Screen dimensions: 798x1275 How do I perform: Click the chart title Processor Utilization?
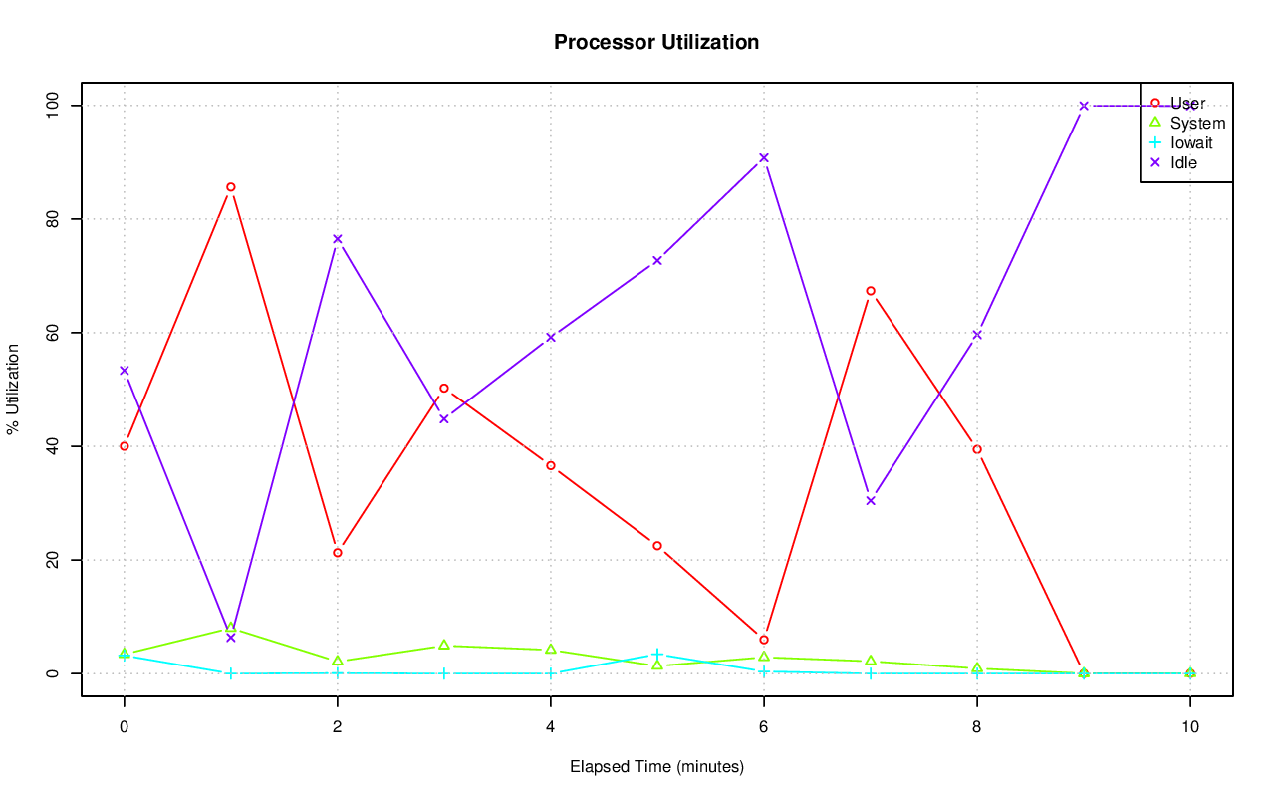point(656,43)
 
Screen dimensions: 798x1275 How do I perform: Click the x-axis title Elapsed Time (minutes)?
point(656,767)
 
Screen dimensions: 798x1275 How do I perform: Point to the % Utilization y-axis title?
point(13,389)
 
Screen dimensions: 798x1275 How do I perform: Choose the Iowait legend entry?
point(1191,142)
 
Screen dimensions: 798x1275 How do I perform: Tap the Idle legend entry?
point(1183,162)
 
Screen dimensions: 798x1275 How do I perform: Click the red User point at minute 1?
point(231,187)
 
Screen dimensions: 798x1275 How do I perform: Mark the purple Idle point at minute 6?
point(764,157)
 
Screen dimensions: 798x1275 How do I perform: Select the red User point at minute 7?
point(871,291)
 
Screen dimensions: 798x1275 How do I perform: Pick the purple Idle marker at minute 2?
point(338,239)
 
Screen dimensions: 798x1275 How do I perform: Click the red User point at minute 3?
point(444,388)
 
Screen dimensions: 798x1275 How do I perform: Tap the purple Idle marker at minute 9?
point(1084,106)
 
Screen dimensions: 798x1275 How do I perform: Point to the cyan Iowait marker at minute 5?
point(657,654)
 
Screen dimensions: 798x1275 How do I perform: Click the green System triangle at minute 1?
point(231,628)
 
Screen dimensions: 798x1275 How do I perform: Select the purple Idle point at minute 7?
point(871,501)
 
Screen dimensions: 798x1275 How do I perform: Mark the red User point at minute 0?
point(125,446)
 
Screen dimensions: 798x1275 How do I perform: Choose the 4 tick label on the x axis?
point(551,727)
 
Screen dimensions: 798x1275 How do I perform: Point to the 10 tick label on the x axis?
point(1189,727)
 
